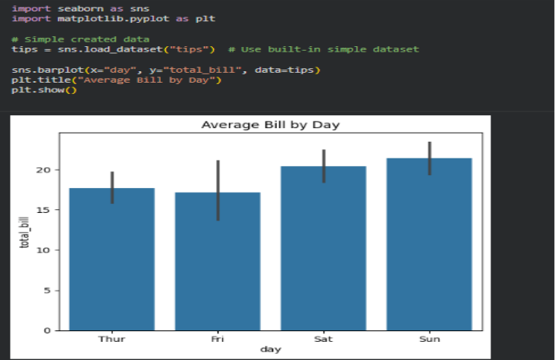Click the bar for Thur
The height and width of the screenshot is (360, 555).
point(112,258)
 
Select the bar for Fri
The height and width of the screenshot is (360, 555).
point(218,261)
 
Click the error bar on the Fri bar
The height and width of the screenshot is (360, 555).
point(218,189)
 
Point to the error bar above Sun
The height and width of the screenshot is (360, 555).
point(429,158)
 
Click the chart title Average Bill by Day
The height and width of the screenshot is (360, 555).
point(270,124)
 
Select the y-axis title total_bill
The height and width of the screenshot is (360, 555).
point(25,232)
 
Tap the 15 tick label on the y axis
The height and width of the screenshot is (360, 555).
point(45,210)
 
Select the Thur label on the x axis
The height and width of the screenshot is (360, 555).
point(112,339)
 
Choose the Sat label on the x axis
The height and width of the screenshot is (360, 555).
point(324,339)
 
